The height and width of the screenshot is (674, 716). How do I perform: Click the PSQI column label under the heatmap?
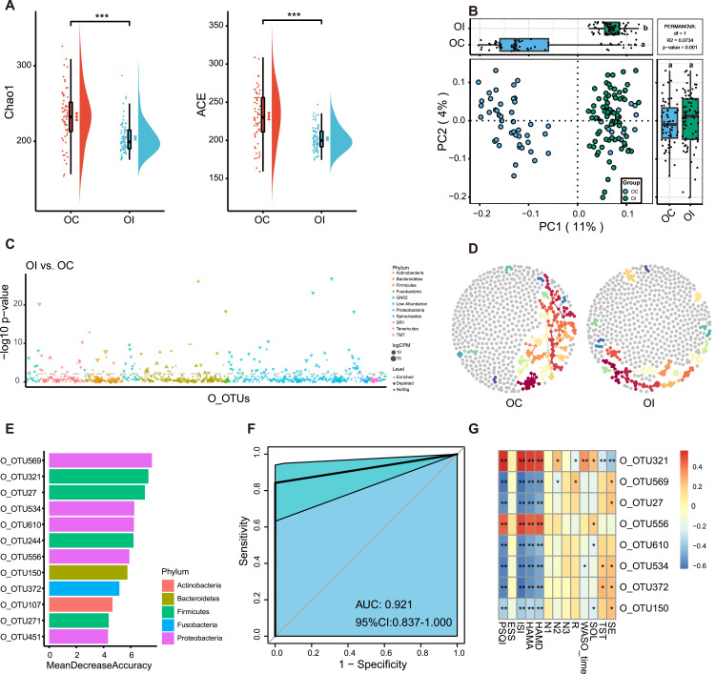pyautogui.click(x=505, y=648)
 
